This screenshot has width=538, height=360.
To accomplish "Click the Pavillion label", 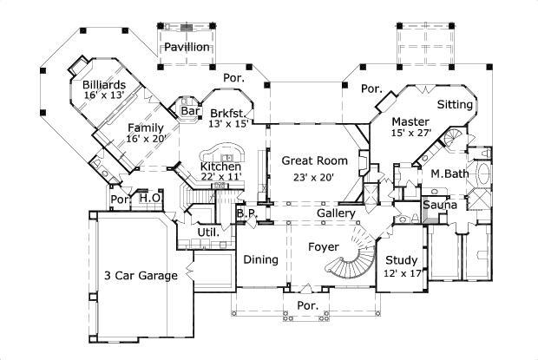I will click(187, 47).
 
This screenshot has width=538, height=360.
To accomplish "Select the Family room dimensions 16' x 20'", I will click(147, 138).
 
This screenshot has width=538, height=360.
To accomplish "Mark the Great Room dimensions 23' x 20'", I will click(313, 177).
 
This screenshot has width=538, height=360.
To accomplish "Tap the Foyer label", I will click(323, 247).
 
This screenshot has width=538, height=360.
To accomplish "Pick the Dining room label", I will click(260, 259).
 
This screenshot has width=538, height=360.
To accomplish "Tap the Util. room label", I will click(207, 232).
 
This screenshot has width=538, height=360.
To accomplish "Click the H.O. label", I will click(150, 198).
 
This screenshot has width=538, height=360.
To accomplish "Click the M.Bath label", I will click(450, 173).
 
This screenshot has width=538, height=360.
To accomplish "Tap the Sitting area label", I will click(454, 105).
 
